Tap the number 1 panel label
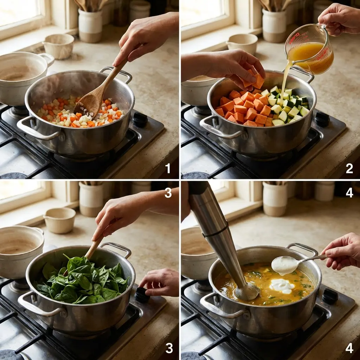(x=168, y=168)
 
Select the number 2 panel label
(x=349, y=168)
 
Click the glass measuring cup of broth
(x=309, y=49)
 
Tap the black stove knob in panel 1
(x=140, y=120)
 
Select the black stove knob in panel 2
(x=322, y=119)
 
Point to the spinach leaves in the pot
(x=83, y=281)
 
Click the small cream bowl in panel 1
(x=59, y=46)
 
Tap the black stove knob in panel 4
(x=330, y=296)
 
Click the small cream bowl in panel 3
(x=60, y=220)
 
